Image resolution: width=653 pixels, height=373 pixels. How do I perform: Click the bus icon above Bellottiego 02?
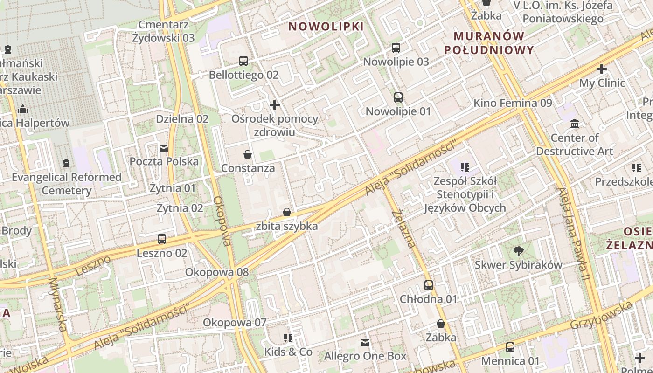(x=243, y=61)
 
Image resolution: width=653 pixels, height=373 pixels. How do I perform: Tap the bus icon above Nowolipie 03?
(x=396, y=48)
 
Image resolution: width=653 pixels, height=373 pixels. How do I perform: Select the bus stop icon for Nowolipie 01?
(x=398, y=97)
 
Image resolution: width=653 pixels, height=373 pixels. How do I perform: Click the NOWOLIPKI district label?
(x=326, y=27)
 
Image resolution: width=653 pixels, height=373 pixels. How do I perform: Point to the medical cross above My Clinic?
(x=602, y=69)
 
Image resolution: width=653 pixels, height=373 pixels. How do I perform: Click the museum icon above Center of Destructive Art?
(x=575, y=124)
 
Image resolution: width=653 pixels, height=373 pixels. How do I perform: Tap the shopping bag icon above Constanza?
(x=248, y=154)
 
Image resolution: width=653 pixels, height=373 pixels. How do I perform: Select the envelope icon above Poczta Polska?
(x=164, y=148)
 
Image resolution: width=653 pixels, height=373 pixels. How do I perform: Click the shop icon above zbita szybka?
(x=287, y=212)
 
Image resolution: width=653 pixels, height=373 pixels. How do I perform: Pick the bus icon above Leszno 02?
(x=162, y=239)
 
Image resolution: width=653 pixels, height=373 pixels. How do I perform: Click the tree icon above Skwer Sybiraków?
(x=518, y=251)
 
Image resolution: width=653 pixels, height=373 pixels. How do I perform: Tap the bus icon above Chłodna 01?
(x=428, y=285)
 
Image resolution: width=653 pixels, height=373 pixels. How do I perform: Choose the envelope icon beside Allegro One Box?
(x=365, y=343)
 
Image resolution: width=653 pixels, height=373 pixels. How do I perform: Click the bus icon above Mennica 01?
(x=510, y=347)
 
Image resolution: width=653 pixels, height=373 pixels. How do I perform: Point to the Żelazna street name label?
(x=403, y=228)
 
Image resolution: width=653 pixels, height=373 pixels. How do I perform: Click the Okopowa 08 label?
(x=217, y=272)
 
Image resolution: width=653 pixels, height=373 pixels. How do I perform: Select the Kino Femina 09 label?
(x=513, y=103)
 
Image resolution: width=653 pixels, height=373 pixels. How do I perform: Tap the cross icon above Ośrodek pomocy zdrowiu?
(x=275, y=105)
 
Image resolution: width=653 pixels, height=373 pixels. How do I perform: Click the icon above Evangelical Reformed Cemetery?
(x=66, y=163)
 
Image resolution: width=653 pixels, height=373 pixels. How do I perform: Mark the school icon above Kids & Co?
(x=288, y=338)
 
